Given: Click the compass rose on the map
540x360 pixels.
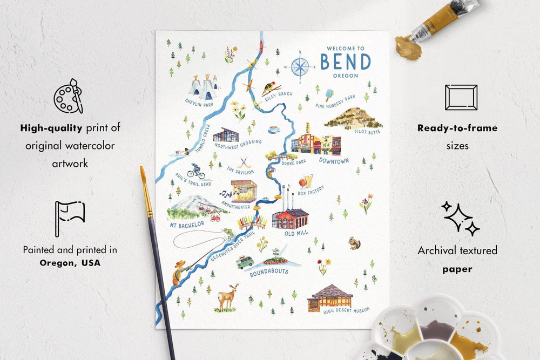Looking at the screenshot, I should coord(302,67).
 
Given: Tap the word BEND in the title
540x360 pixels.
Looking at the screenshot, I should coord(346,62).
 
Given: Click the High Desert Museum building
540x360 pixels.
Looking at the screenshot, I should coord(330,297).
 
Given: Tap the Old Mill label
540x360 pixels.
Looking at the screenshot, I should coord(297,234).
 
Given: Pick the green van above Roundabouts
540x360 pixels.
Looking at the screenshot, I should coord(245,262).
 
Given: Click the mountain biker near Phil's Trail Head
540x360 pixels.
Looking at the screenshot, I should coord(197,171).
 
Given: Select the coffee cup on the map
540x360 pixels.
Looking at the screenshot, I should coord(274,130).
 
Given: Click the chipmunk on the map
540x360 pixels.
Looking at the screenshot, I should coord(354,243).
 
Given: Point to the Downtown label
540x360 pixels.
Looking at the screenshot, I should coord(334,160).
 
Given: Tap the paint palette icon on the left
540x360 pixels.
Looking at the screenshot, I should coord(69,97).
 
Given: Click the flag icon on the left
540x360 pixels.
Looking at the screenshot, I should coord(70,218).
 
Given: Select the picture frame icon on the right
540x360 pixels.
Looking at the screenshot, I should coord(461,97).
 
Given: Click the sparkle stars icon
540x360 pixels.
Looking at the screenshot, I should coord(461,218).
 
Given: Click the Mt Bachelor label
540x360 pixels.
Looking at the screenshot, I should coord(187,223).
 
